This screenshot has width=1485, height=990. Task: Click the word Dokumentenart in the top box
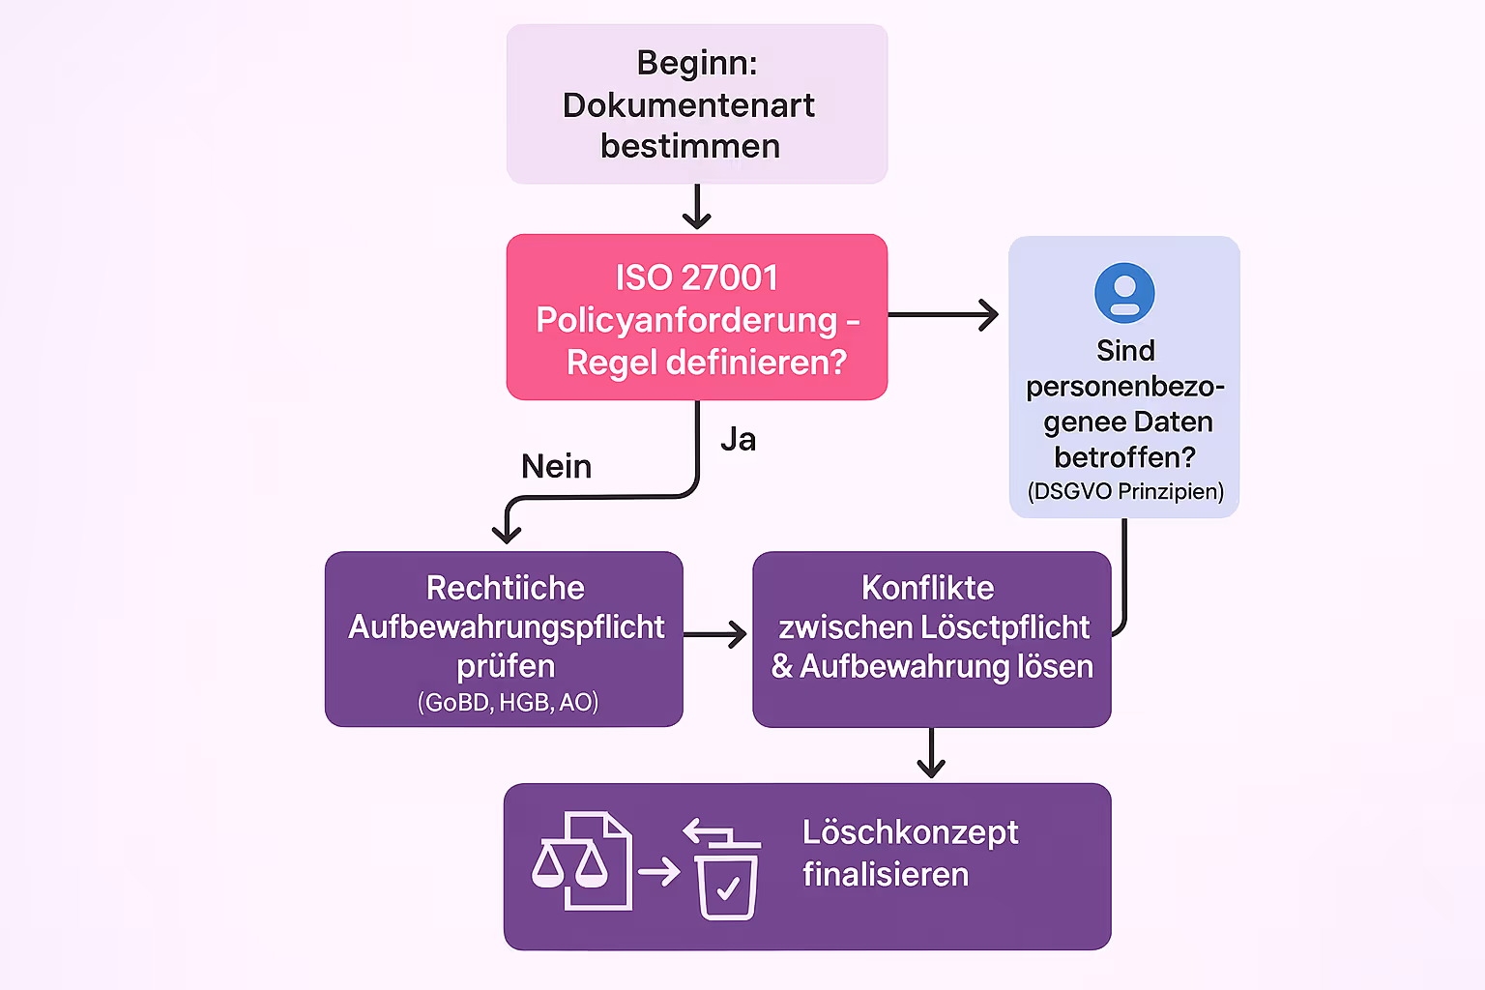[688, 105]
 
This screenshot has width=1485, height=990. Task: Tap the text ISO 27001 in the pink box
[696, 277]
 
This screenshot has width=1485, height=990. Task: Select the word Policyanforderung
[685, 320]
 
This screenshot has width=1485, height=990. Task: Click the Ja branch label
[738, 440]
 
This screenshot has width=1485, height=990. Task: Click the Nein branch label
[556, 467]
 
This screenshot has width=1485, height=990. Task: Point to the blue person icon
[1124, 293]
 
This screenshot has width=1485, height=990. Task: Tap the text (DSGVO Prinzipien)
[1125, 491]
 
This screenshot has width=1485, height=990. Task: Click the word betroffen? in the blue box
[1124, 456]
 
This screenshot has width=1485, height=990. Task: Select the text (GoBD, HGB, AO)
[508, 702]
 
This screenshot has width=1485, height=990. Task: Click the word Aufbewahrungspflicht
[506, 627]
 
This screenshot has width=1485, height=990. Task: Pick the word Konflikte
[927, 588]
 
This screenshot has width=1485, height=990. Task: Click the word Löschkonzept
[910, 832]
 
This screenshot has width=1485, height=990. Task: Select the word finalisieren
[885, 875]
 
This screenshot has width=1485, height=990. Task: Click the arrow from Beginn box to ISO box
[696, 207]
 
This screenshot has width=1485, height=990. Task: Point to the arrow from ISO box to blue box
[944, 314]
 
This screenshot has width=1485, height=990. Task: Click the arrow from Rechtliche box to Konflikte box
[715, 634]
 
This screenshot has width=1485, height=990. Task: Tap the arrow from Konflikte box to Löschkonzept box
[931, 753]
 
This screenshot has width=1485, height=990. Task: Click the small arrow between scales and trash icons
[658, 872]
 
